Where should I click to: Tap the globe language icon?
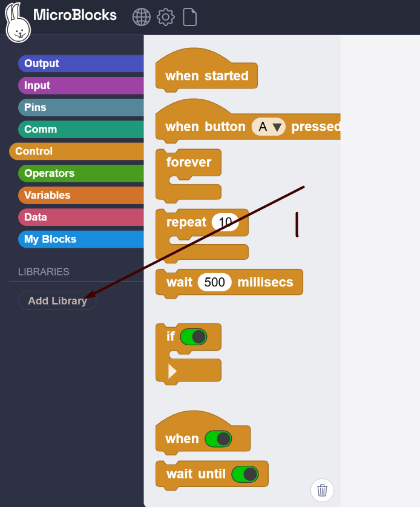142,17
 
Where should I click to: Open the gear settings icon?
166,17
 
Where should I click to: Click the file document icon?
190,17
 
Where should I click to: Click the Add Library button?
57,300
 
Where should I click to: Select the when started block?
206,76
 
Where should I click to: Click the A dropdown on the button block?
269,127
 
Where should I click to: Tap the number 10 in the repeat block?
225,222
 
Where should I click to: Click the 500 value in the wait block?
215,282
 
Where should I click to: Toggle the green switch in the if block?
194,336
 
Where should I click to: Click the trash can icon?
322,490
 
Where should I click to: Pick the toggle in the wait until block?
244,474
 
